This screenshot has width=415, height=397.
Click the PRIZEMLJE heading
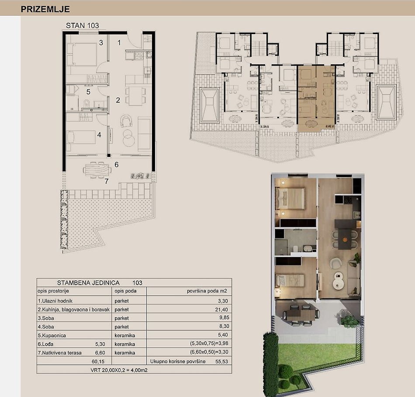point(45,9)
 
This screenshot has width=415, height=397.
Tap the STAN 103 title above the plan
point(82,25)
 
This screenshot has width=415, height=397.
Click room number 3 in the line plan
point(101,43)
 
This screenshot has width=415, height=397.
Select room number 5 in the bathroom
point(88,92)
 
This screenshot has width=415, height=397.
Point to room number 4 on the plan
point(99,135)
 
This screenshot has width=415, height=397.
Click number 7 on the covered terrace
point(107,181)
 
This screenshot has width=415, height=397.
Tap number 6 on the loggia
point(117,164)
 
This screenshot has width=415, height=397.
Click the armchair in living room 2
point(126,121)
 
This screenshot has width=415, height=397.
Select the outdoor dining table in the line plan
point(97,170)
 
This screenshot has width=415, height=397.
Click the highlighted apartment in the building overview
point(317,98)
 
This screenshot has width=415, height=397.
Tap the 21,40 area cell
point(221,310)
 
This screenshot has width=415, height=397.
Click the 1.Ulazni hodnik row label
point(55,301)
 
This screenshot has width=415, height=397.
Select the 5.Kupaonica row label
point(52,335)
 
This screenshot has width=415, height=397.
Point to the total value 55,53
point(221,361)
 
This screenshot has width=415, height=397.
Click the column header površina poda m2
point(207,291)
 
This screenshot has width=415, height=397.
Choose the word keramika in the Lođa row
point(125,344)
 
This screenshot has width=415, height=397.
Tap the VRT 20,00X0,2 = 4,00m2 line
point(119,370)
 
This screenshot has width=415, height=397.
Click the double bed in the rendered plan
point(290,198)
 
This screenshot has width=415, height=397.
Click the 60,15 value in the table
point(98,361)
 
